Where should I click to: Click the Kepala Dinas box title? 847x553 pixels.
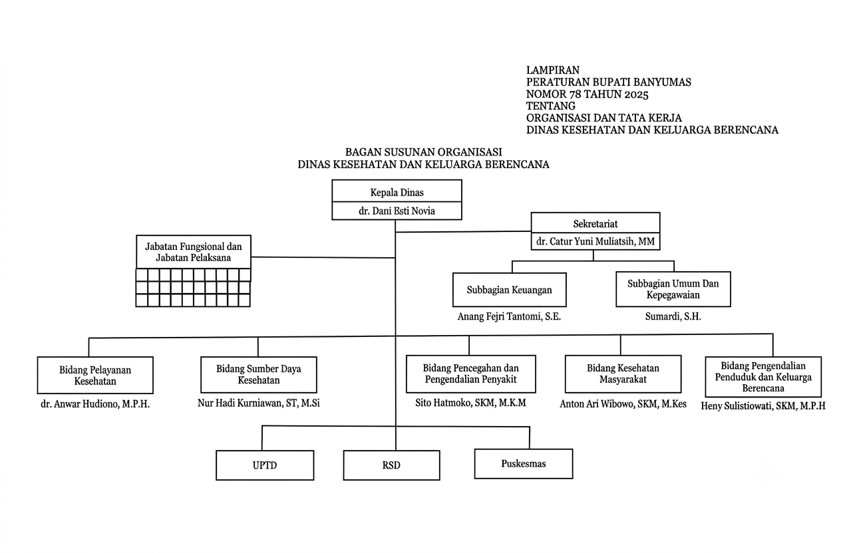[x=397, y=193]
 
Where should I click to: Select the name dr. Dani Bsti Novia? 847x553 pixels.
[x=397, y=211]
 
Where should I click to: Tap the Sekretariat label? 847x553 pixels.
[x=595, y=224]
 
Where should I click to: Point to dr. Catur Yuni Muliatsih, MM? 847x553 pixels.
[x=595, y=241]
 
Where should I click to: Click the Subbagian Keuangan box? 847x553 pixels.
[x=510, y=290]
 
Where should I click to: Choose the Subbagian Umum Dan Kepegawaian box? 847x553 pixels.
[x=673, y=289]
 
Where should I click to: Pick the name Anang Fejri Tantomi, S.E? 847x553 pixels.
[x=509, y=316]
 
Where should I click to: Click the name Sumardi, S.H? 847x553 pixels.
[x=673, y=316]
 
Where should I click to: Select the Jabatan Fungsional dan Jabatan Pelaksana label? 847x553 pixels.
[x=193, y=253]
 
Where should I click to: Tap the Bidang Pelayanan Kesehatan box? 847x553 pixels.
[x=95, y=375]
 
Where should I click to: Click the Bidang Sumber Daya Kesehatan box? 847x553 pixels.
[x=259, y=375]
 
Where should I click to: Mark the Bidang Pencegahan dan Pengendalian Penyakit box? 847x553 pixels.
[x=471, y=374]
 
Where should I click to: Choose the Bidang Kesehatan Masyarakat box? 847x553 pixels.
[x=623, y=374]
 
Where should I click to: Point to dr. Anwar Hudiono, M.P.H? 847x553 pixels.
[x=95, y=405]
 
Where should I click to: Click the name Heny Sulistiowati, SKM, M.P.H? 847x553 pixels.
[x=763, y=406]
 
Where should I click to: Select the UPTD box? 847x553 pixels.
[x=265, y=465]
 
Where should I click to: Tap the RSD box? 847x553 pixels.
[x=391, y=465]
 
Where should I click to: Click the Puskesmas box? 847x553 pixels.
[x=524, y=464]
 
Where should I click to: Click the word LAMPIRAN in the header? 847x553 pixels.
[x=553, y=70]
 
